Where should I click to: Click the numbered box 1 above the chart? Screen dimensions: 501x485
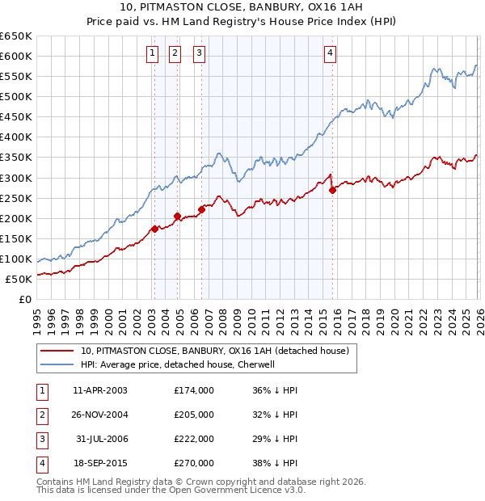[152, 54]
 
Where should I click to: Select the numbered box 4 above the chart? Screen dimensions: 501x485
[331, 54]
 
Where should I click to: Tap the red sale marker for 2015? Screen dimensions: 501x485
[332, 191]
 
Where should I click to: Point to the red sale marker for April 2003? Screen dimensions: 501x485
[154, 229]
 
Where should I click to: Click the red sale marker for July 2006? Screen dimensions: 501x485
[201, 209]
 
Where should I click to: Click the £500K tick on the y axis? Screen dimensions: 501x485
[16, 96]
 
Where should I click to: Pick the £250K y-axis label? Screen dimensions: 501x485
[16, 198]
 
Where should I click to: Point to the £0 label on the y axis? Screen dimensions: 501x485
[24, 299]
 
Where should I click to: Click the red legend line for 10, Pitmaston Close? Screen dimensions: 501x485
[57, 351]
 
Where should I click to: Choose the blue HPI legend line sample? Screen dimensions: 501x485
[57, 364]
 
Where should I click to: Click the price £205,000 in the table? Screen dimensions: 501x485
[194, 415]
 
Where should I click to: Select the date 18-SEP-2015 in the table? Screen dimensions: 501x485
[100, 463]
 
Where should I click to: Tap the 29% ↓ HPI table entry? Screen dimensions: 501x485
[274, 439]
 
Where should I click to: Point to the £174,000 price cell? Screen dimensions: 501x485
[194, 390]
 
